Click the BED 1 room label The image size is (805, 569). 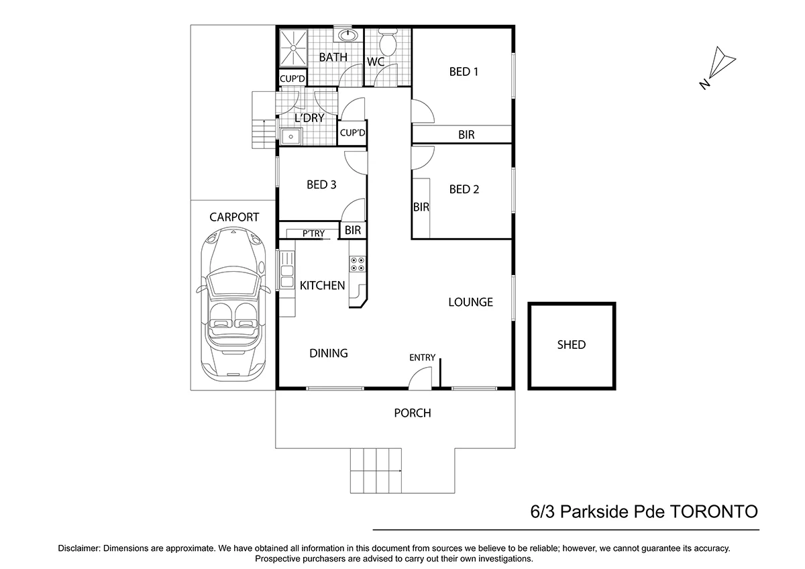tap(463, 72)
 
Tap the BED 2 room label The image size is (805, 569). tap(464, 189)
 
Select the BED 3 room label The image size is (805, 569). tap(321, 185)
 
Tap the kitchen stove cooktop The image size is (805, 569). tap(357, 264)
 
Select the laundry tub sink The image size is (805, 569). tap(291, 137)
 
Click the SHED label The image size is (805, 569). tap(572, 345)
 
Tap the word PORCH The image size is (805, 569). tap(413, 413)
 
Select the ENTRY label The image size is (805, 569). tap(423, 358)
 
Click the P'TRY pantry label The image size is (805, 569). tap(313, 234)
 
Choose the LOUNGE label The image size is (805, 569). tap(470, 302)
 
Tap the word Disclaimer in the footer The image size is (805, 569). tap(79, 548)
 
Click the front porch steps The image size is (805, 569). tap(376, 470)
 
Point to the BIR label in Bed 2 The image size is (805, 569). tap(421, 207)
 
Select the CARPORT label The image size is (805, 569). tap(234, 217)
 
